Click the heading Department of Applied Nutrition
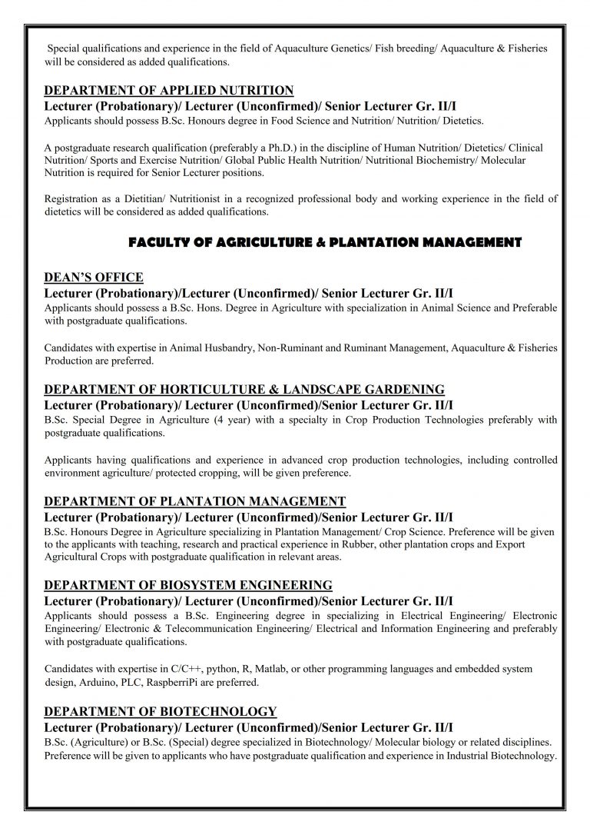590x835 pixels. (x=169, y=90)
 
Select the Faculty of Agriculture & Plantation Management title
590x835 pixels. (x=325, y=242)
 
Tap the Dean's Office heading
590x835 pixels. (x=94, y=277)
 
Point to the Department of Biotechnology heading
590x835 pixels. (x=161, y=710)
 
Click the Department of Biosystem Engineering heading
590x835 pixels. (x=188, y=584)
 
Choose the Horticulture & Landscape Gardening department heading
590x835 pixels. (x=244, y=389)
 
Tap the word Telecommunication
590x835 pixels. (x=203, y=628)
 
